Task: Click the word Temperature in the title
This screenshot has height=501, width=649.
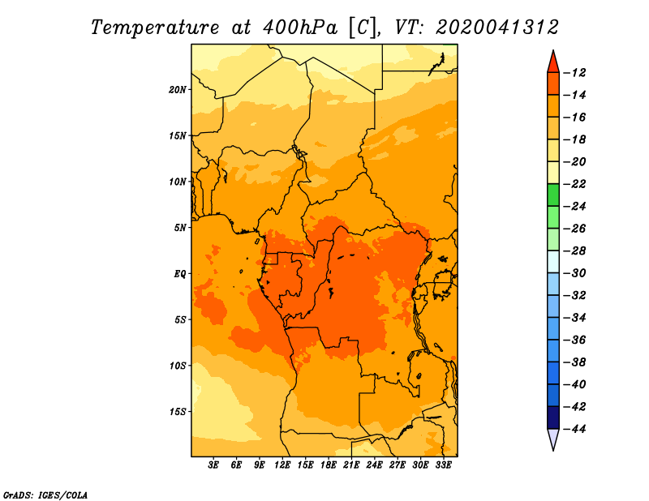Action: pos(155,28)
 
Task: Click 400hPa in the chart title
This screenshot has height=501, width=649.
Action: pos(300,28)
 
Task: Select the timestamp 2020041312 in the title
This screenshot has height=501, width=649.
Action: pos(496,28)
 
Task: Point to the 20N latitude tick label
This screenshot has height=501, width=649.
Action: pos(178,90)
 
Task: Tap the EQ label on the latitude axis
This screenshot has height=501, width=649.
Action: pos(180,274)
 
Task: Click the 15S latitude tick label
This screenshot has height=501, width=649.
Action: pos(178,412)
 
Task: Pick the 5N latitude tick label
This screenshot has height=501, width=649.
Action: pos(180,228)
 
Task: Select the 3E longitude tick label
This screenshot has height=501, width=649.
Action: pos(213,465)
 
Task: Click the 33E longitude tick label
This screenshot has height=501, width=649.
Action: pos(443,465)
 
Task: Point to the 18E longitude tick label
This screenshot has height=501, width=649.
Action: pos(329,465)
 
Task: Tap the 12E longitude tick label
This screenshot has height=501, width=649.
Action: pos(282,465)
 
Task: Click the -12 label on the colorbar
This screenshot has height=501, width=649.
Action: pos(574,73)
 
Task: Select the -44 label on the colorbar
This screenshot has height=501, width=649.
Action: pos(574,429)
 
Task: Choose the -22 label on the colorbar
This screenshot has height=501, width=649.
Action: pos(574,184)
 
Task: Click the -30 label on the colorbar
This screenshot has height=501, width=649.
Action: pos(574,273)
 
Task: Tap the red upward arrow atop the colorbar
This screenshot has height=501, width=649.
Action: pos(553,63)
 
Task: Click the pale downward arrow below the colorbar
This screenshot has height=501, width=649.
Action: pos(553,439)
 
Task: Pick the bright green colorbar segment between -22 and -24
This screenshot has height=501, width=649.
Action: pos(553,195)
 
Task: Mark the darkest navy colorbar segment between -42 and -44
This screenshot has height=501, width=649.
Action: pos(553,417)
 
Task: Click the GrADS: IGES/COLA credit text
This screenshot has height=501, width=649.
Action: pos(45,495)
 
